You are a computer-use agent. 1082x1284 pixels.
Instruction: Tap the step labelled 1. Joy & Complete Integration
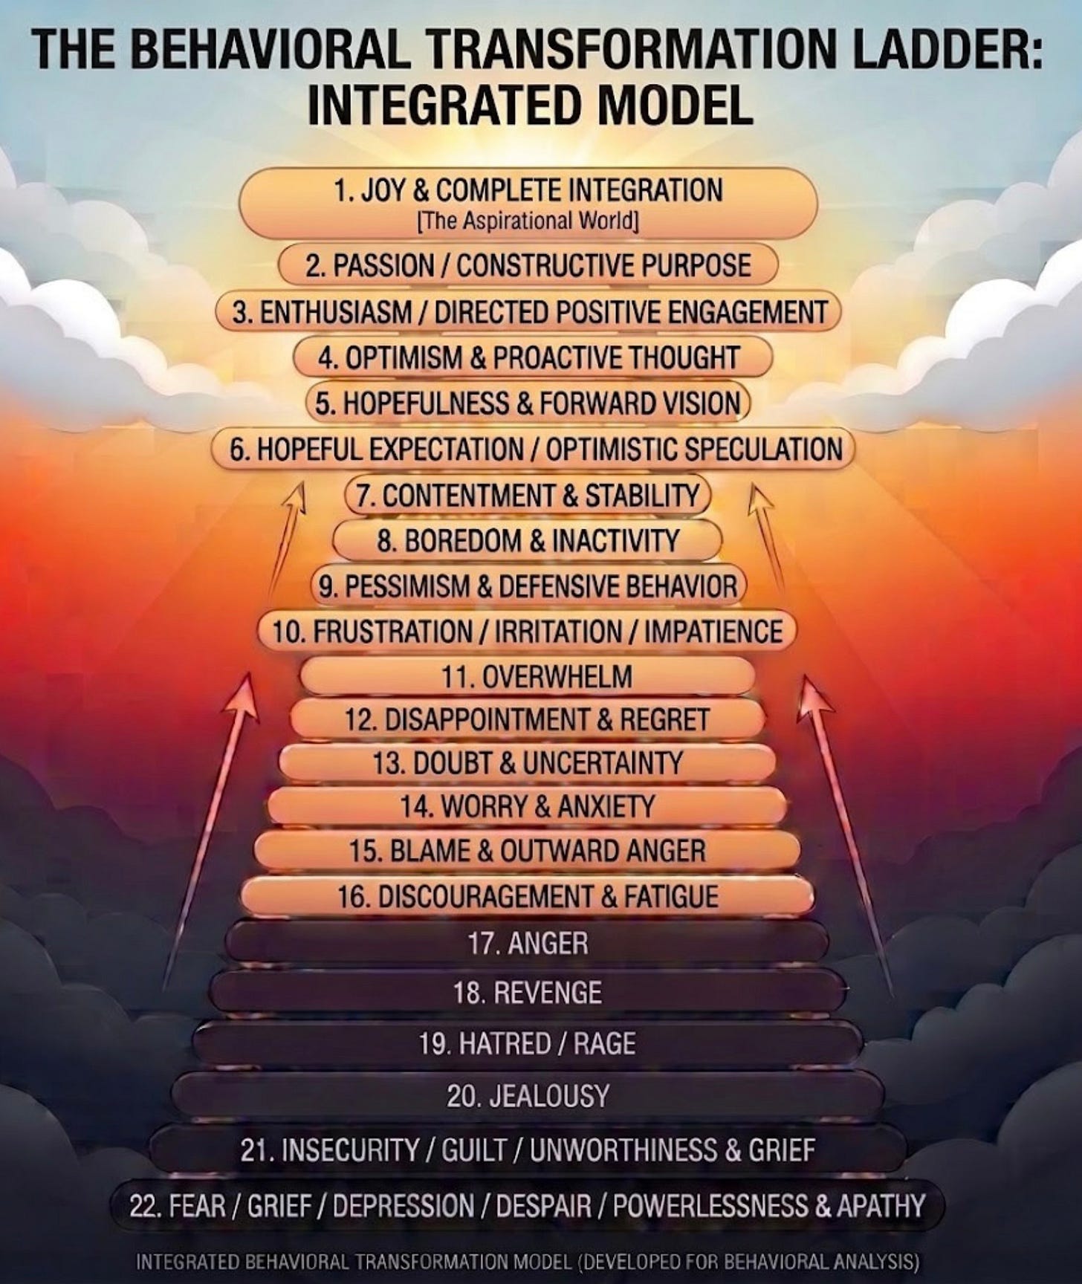[528, 191]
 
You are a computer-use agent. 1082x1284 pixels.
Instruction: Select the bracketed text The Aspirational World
[528, 221]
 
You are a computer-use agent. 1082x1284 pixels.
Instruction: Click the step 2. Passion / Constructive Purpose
[528, 265]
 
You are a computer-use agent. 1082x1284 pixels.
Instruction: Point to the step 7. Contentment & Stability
[528, 496]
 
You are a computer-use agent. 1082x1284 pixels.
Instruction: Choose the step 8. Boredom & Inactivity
[528, 541]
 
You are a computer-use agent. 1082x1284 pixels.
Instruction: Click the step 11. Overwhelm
[528, 677]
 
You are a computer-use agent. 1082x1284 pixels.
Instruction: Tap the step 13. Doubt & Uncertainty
[528, 763]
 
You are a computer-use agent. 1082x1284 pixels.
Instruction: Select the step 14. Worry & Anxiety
[528, 806]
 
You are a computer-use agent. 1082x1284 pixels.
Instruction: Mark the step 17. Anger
[528, 944]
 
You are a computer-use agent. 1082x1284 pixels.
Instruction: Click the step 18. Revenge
[528, 993]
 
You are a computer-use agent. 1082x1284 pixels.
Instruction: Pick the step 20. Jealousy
[528, 1096]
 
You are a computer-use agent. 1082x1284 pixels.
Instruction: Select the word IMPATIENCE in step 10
[713, 632]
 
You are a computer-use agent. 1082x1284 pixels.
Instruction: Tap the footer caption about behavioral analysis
[528, 1262]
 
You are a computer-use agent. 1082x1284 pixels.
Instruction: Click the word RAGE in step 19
[605, 1044]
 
